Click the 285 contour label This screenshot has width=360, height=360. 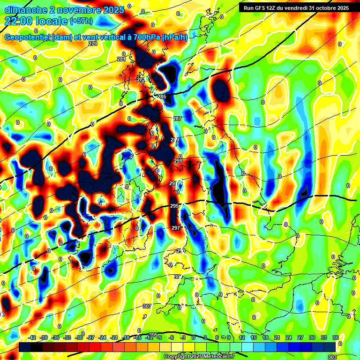pos(162,97)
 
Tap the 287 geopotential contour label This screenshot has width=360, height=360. pos(177,119)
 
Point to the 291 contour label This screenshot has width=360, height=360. pos(178,161)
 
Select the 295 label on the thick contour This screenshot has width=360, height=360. pos(174,206)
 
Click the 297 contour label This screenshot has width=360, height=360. pos(176,228)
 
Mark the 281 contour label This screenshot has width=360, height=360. pos(121,60)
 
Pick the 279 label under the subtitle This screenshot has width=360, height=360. pos(92,44)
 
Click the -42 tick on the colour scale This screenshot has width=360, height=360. pos(32,337)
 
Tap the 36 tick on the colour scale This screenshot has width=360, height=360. pos(336,337)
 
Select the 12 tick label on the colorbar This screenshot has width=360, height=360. pos(242,337)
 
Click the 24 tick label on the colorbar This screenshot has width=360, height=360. pos(289,337)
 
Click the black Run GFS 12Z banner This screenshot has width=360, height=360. pos(294,7)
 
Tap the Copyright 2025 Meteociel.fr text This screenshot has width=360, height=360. pos(199,357)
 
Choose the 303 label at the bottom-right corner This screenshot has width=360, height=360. pos(332,357)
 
